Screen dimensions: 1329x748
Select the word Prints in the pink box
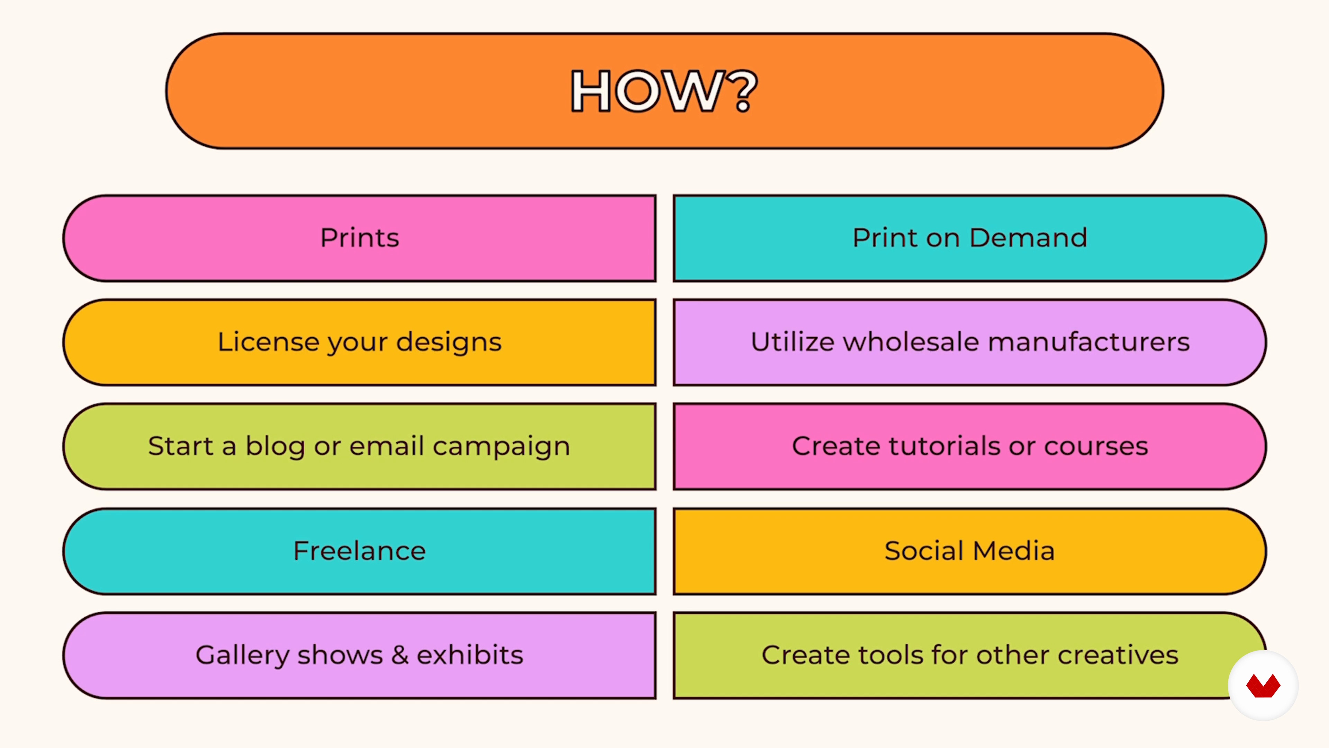(360, 238)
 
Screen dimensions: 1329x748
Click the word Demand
(1028, 238)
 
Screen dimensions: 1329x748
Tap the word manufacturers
(1088, 342)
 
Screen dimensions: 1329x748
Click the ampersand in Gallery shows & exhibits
(400, 655)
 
